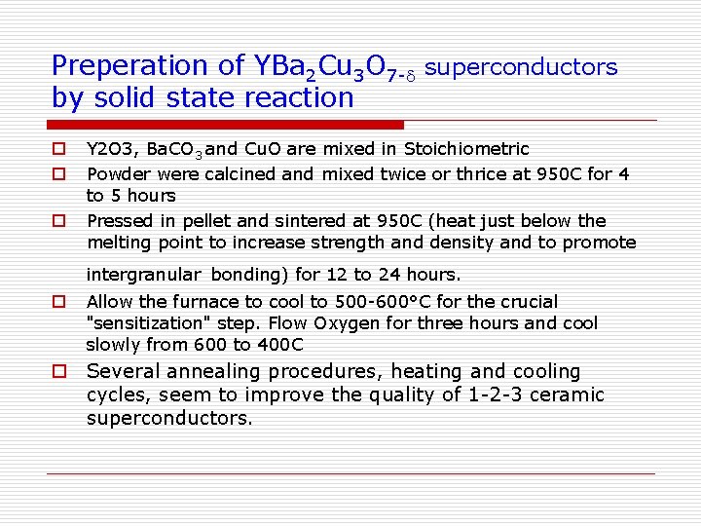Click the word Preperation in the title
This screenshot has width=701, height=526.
(x=130, y=66)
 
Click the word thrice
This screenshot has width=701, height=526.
(x=462, y=174)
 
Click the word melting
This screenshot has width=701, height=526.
(x=118, y=243)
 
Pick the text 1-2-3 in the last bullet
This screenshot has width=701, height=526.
(x=498, y=394)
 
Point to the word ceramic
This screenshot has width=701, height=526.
(x=569, y=394)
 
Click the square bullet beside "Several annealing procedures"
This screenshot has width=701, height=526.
(x=59, y=372)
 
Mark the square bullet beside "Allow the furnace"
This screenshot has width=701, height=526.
(x=58, y=302)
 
